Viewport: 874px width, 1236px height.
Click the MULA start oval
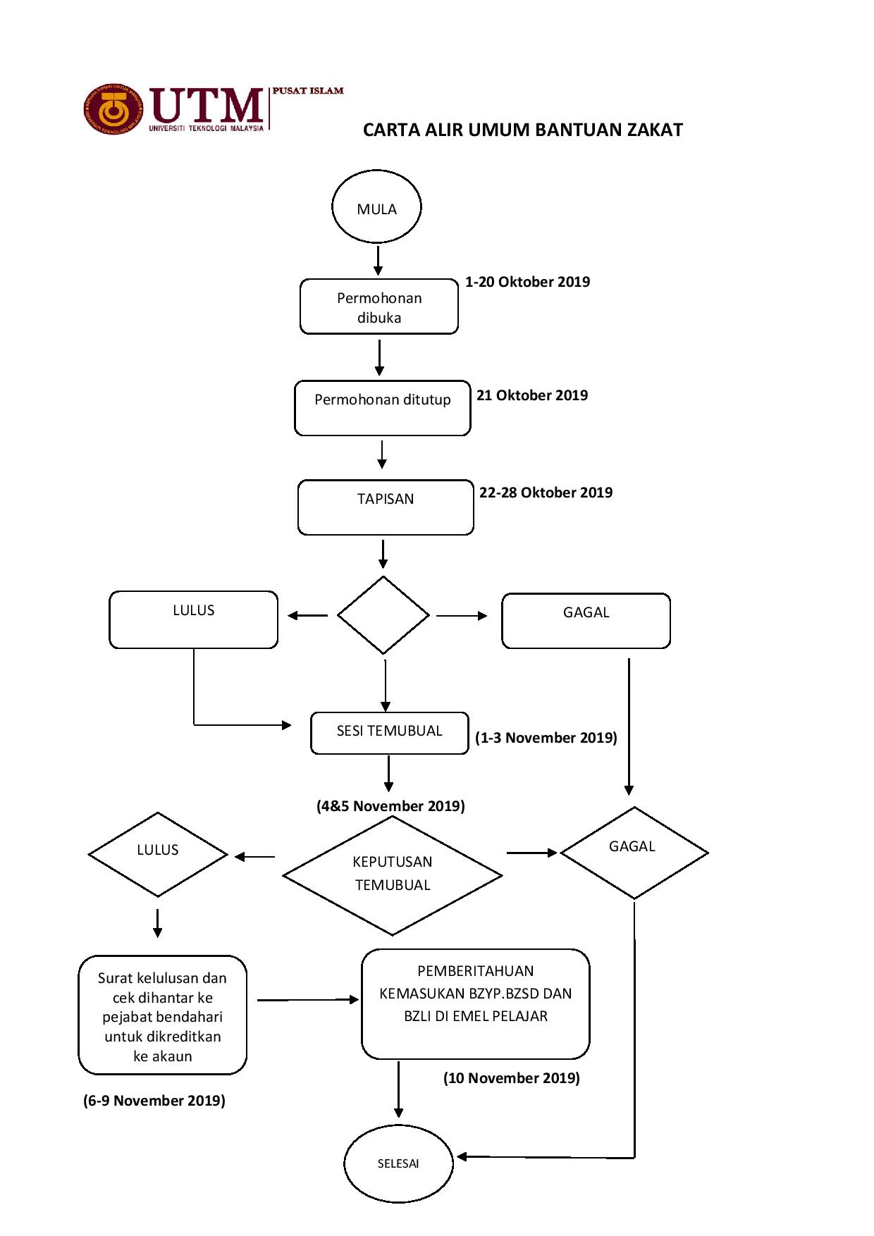click(x=376, y=206)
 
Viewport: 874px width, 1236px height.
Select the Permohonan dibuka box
click(x=379, y=307)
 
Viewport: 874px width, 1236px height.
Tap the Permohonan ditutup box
click(x=383, y=408)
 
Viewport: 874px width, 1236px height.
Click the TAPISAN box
click(x=386, y=507)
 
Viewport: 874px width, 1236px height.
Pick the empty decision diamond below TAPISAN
click(x=383, y=615)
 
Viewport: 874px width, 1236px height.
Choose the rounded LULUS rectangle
click(x=194, y=619)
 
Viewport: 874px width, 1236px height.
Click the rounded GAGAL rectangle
click(x=586, y=621)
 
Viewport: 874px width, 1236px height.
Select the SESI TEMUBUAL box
click(x=390, y=734)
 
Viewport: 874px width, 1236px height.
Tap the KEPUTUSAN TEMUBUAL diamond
click(x=393, y=876)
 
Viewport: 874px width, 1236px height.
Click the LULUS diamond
click(x=158, y=855)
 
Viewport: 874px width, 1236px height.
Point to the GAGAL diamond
click(x=634, y=853)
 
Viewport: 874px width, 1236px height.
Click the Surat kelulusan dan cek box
click(x=163, y=1015)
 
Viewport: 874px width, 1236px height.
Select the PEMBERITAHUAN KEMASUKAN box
click(x=476, y=1004)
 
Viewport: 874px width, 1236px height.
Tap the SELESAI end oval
click(x=398, y=1163)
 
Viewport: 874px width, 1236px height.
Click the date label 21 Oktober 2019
click(x=532, y=395)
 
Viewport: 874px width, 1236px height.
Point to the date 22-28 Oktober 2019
click(x=546, y=493)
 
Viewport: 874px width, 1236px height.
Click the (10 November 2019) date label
click(x=512, y=1078)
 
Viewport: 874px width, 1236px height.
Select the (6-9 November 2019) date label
click(x=154, y=1101)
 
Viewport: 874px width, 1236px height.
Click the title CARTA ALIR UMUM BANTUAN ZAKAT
click(x=523, y=130)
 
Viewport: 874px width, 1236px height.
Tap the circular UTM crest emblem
click(x=113, y=110)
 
